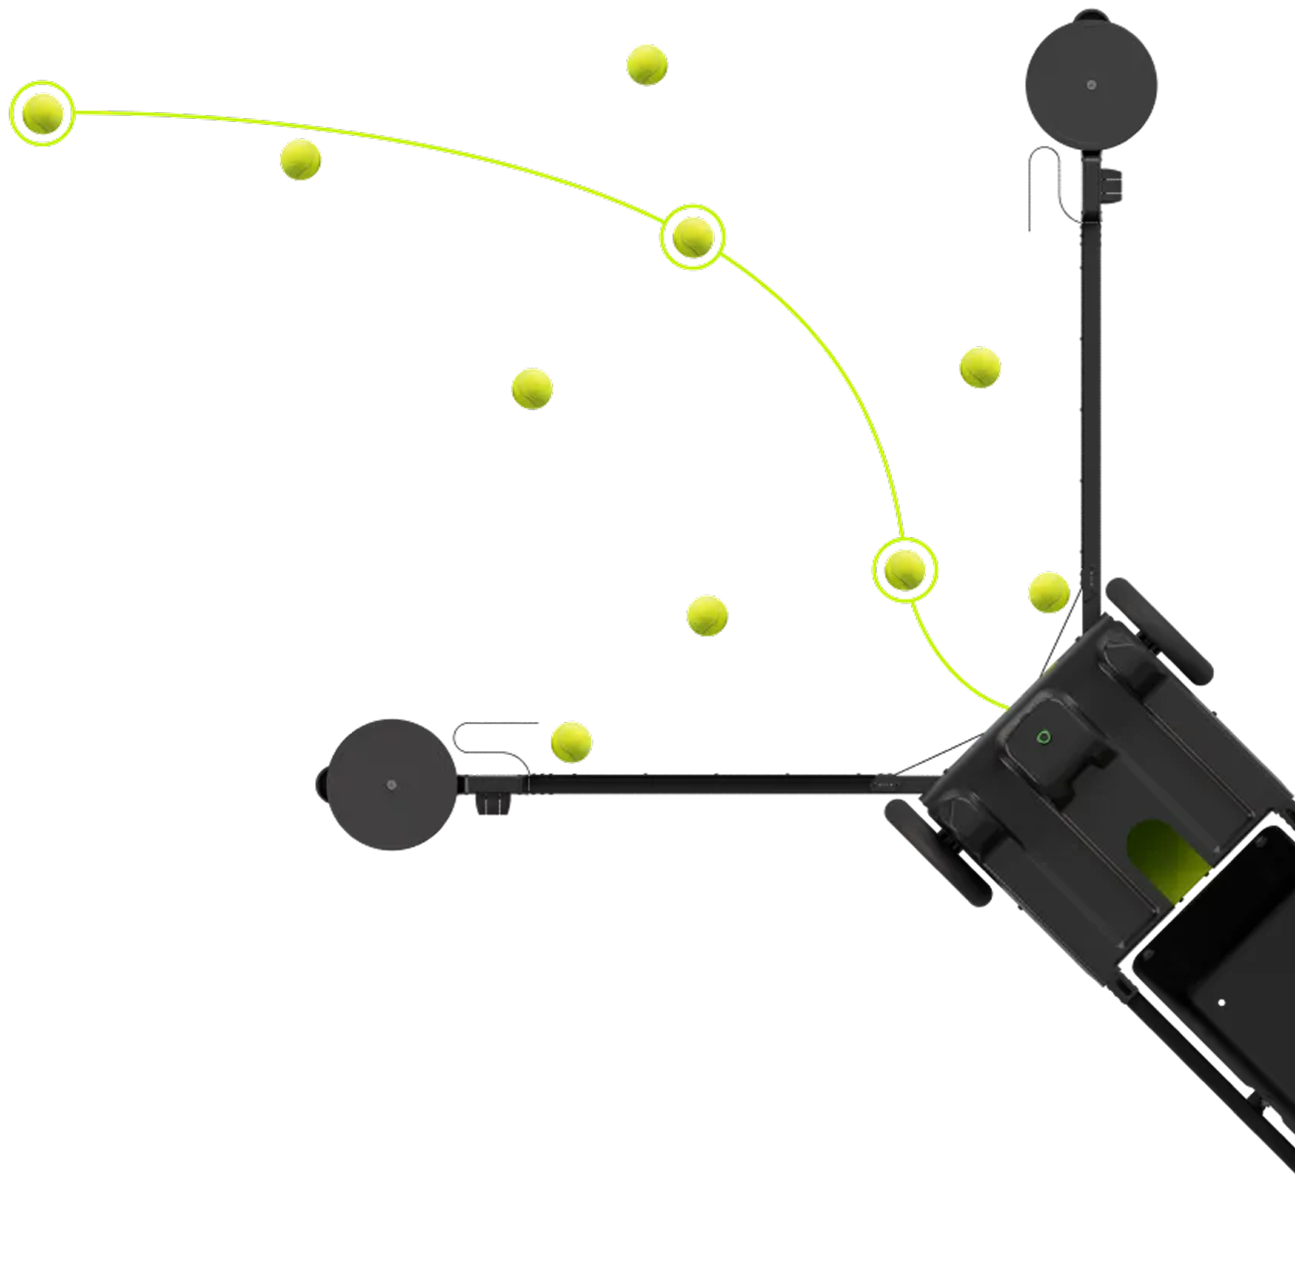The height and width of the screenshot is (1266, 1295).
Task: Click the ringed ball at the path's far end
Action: click(43, 114)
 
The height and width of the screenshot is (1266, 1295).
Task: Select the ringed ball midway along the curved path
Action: click(692, 237)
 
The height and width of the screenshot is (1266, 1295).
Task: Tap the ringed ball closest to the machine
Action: click(905, 570)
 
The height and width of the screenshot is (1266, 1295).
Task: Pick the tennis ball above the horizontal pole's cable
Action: click(571, 741)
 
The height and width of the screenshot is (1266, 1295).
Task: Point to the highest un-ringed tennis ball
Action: click(646, 65)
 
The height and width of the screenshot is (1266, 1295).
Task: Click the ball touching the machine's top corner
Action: click(1048, 592)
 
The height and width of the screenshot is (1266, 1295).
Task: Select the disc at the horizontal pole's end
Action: click(392, 784)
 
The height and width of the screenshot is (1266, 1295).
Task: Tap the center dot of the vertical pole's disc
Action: click(1091, 85)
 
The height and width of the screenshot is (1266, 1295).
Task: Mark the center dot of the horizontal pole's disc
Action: click(392, 785)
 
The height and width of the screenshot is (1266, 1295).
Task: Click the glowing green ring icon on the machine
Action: click(1045, 737)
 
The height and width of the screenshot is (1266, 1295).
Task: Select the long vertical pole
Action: click(1090, 399)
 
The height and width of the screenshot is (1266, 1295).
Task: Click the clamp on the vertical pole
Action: click(1111, 185)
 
